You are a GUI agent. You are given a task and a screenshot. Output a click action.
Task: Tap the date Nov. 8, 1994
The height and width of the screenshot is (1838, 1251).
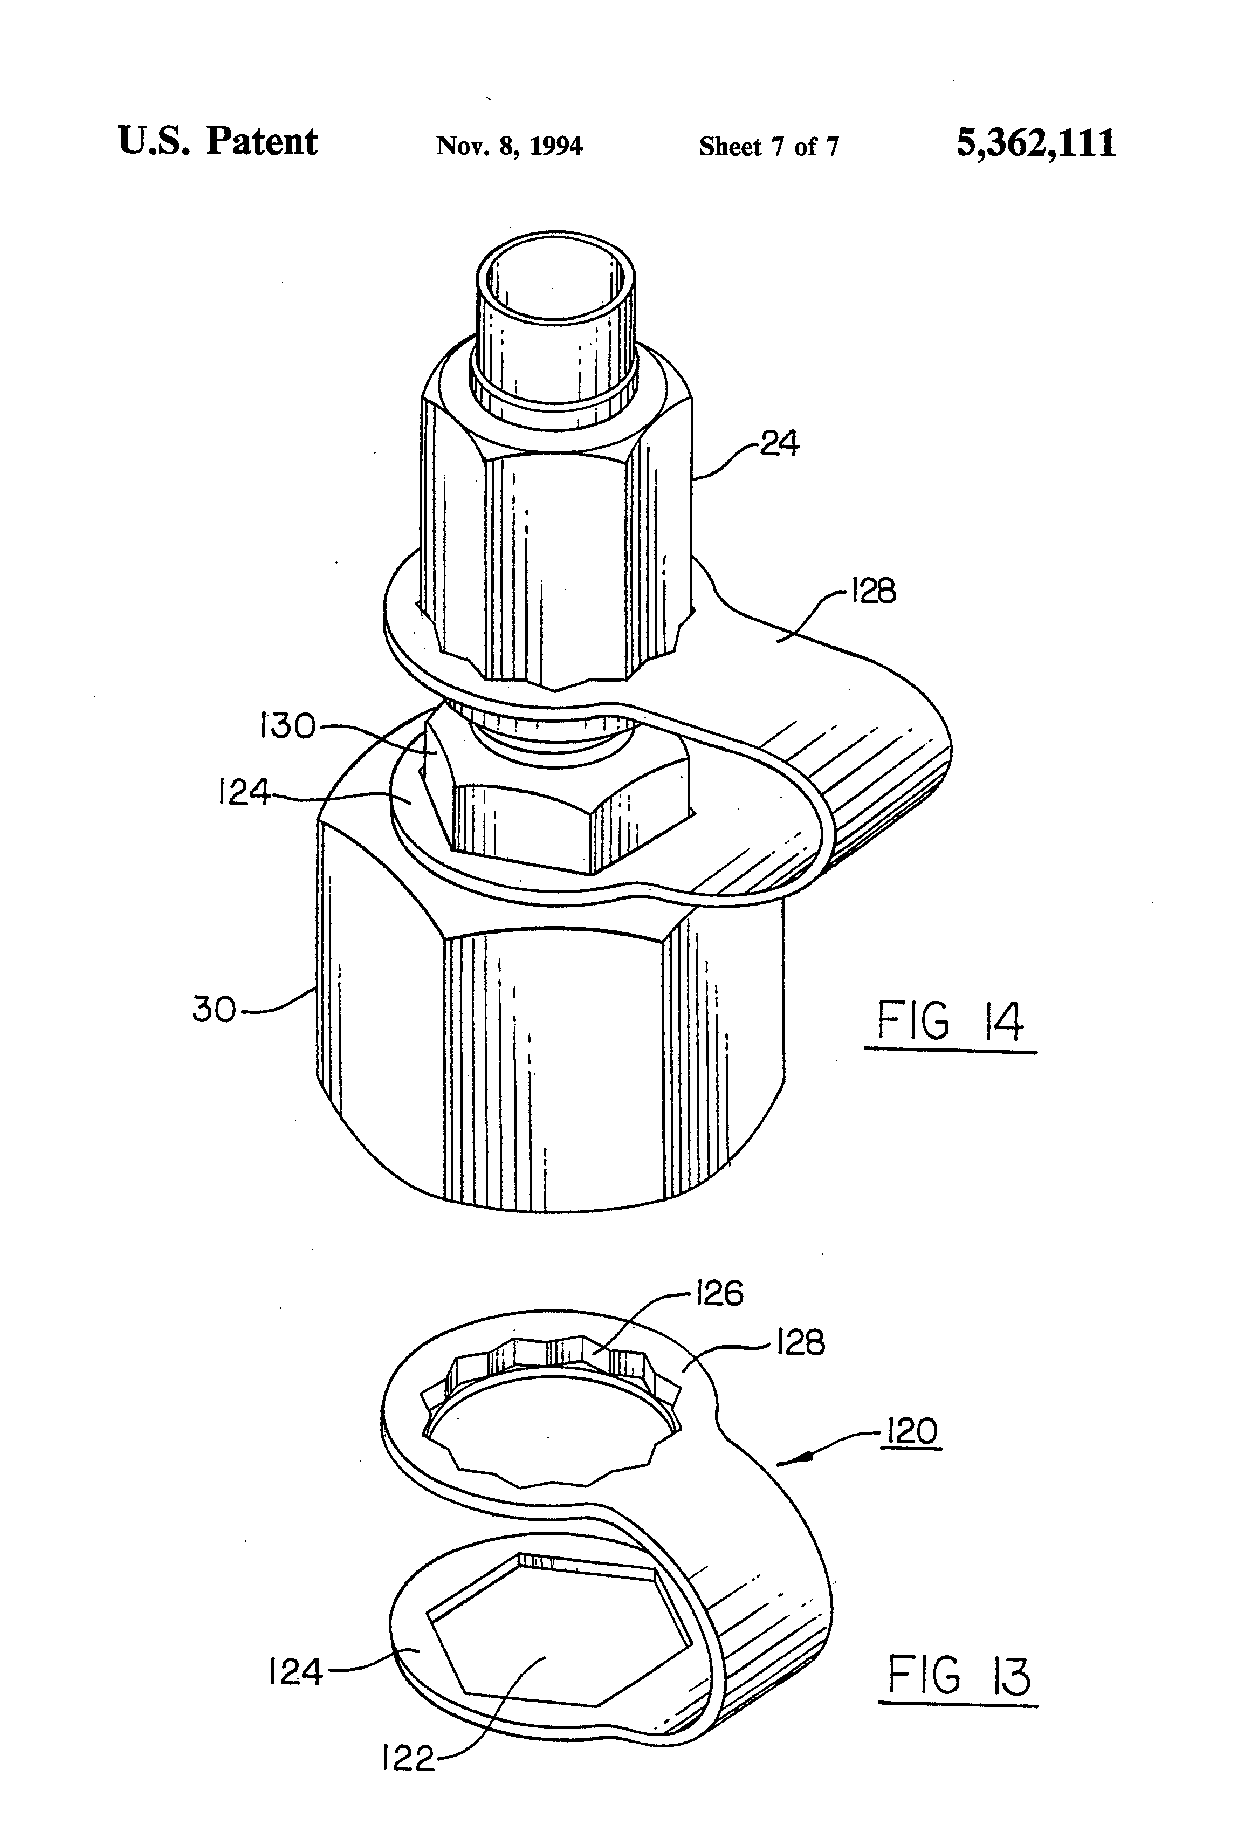[x=509, y=146]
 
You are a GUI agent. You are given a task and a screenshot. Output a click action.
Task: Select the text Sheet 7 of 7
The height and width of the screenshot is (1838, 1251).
[x=768, y=146]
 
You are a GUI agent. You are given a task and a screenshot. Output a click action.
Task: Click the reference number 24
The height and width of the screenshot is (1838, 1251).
[x=780, y=444]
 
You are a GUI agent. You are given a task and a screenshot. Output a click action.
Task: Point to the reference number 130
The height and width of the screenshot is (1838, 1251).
[x=288, y=726]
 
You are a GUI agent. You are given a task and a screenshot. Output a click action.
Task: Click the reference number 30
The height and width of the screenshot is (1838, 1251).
[x=214, y=1010]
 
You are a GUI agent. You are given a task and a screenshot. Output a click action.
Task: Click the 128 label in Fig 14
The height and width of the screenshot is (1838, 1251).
[x=873, y=592]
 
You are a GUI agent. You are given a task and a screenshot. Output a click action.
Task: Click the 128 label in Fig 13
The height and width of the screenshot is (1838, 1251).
[x=800, y=1342]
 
